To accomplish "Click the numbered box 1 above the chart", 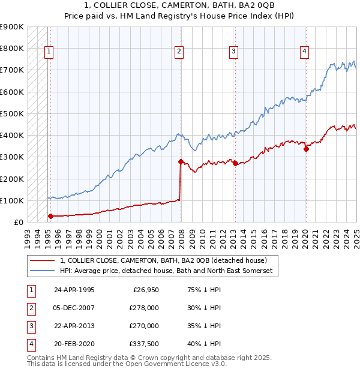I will [48, 52].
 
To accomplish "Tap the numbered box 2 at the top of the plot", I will [179, 52].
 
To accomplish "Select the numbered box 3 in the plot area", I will [233, 52].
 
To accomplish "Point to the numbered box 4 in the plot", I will [305, 52].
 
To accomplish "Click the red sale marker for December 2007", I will [181, 161].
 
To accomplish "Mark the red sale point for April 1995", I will [50, 216].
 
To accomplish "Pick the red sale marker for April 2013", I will [235, 163].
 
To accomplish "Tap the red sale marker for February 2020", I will [306, 149].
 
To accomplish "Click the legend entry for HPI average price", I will [166, 271].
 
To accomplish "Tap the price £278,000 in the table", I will [144, 308].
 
